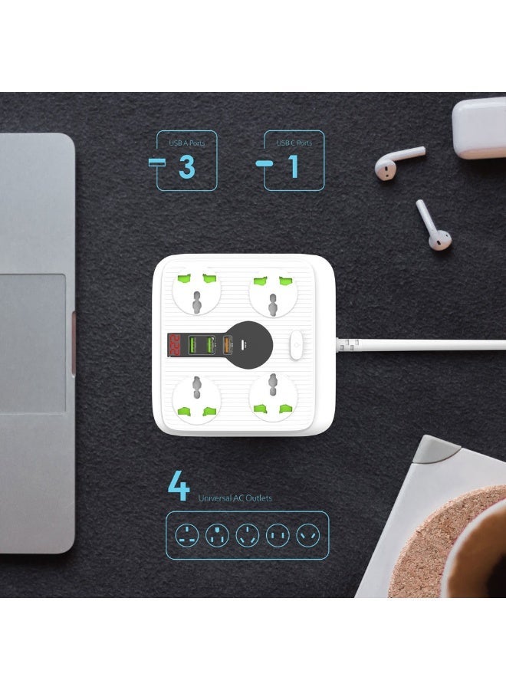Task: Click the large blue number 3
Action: point(186,166)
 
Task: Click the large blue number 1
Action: point(293,166)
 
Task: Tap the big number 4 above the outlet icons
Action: point(179,488)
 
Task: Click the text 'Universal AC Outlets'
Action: point(235,498)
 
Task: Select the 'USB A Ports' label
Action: point(187,143)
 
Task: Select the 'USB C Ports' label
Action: point(294,143)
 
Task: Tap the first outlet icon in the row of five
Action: point(186,534)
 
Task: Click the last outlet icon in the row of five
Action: point(308,534)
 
